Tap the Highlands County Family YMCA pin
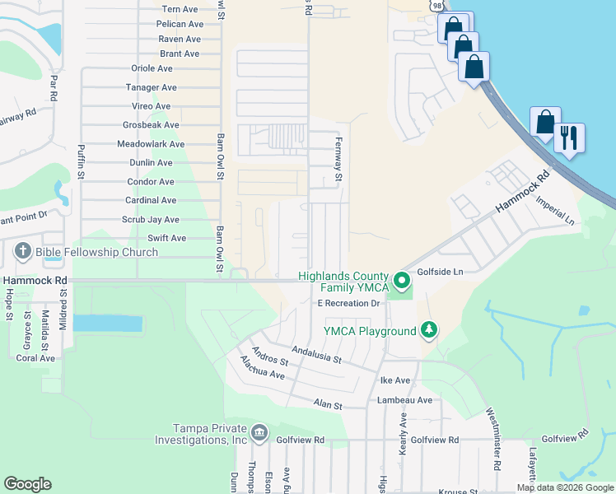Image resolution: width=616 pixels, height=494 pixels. pyautogui.click(x=402, y=282)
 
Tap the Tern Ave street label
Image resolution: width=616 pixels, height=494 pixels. pyautogui.click(x=180, y=9)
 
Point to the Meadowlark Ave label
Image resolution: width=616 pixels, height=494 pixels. pyautogui.click(x=151, y=144)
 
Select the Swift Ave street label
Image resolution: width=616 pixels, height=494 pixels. pyautogui.click(x=166, y=238)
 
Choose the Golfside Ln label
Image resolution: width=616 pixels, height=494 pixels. pyautogui.click(x=441, y=271)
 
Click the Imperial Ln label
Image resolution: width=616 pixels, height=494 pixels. pyautogui.click(x=555, y=210)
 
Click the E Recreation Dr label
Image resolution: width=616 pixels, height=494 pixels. pyautogui.click(x=348, y=304)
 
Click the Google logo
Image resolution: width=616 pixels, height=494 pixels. pyautogui.click(x=27, y=484)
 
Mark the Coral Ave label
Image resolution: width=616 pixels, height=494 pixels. pyautogui.click(x=35, y=358)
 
